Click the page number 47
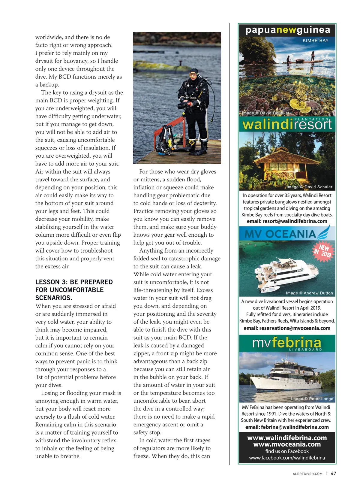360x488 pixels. [333, 473]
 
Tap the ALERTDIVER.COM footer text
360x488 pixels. [307, 474]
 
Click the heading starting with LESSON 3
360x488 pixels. [74, 290]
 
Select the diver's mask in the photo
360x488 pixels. [193, 74]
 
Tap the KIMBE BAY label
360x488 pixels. [315, 41]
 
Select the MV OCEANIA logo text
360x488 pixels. [280, 234]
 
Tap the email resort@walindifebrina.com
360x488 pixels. [287, 221]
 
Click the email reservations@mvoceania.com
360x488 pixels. [287, 328]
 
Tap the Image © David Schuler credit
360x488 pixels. [309, 187]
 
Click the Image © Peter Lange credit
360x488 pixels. [312, 399]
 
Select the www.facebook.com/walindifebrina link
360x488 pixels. [287, 458]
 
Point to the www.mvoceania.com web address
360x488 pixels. [287, 444]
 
